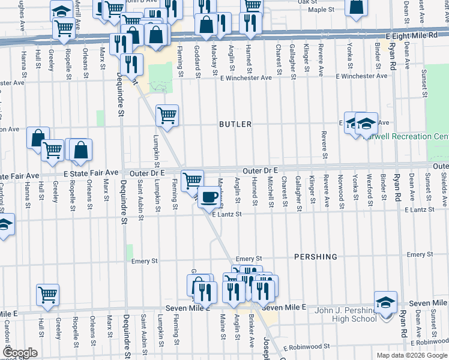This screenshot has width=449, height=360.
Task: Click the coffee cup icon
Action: [x=209, y=196]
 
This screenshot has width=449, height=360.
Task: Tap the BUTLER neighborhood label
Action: [x=235, y=124]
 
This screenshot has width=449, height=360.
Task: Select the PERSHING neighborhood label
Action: [x=316, y=257]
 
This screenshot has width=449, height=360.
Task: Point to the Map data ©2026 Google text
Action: [x=411, y=355]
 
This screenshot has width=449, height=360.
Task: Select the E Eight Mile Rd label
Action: [x=415, y=36]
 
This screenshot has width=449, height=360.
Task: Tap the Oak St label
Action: [x=307, y=2]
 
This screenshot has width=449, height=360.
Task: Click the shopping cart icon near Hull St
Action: [x=47, y=295]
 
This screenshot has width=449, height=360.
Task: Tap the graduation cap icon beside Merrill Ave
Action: [x=61, y=11]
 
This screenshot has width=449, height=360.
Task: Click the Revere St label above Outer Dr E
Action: [x=324, y=145]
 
